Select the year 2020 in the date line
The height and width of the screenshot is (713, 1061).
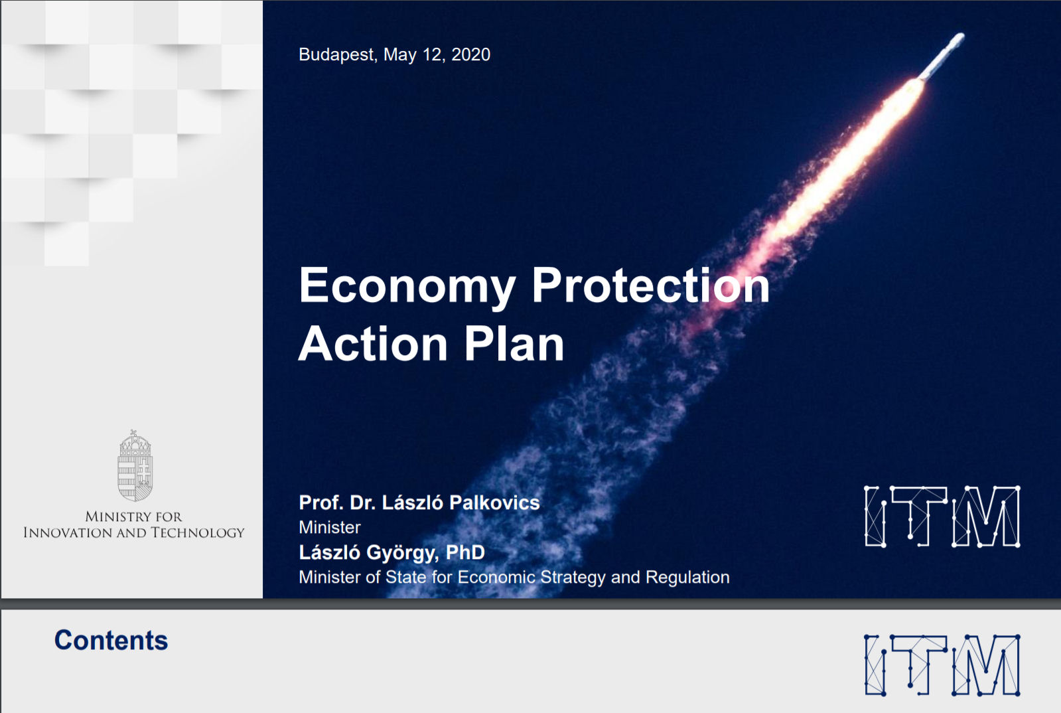click(471, 54)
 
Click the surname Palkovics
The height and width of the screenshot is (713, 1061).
click(494, 503)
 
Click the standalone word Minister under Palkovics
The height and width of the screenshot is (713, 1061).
click(330, 527)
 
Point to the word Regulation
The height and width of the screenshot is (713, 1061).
click(687, 578)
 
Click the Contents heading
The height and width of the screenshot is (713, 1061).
click(111, 641)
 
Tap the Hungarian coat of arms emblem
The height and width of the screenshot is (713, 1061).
click(135, 465)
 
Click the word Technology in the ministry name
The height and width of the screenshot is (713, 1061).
click(198, 532)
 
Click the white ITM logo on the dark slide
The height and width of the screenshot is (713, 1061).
click(942, 516)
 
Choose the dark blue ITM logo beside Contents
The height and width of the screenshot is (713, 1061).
click(942, 665)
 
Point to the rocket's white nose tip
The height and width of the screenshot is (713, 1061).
click(961, 36)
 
